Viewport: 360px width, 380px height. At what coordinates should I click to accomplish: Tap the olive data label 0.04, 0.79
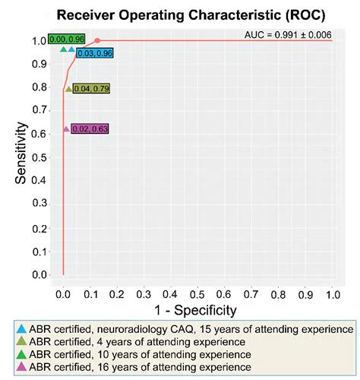pos(92,89)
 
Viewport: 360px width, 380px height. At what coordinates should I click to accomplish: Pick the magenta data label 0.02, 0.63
pos(90,128)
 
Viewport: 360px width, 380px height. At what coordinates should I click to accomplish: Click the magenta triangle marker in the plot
pos(66,128)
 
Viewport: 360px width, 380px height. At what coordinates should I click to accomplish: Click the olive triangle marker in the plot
pos(68,89)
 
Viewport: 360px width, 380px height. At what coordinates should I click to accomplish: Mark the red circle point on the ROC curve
pos(97,40)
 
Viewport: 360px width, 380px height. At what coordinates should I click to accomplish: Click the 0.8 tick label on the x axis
pos(279,292)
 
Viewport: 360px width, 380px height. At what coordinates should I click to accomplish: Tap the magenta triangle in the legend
pos(22,368)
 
